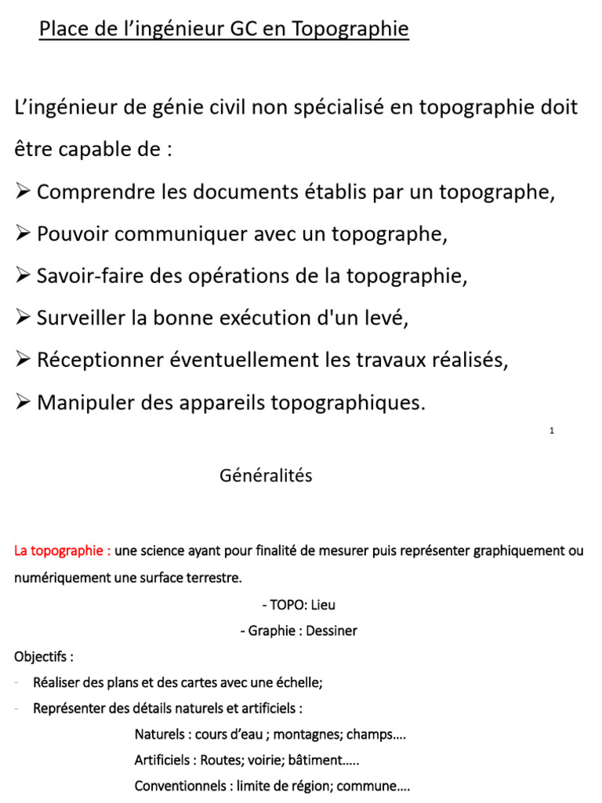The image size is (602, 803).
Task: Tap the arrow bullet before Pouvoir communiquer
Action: click(x=22, y=234)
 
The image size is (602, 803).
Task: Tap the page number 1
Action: click(x=553, y=431)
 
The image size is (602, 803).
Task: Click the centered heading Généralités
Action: click(x=266, y=476)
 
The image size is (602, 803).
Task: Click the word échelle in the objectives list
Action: click(x=299, y=682)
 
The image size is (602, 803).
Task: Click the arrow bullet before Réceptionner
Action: click(x=22, y=361)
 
